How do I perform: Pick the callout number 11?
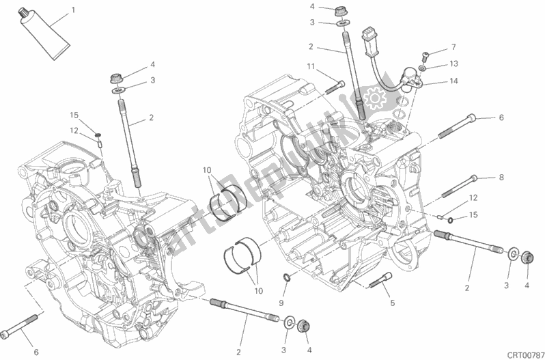[x=311, y=66]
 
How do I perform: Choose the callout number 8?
[x=500, y=178]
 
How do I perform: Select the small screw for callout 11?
[x=337, y=86]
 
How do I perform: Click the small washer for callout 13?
[x=425, y=69]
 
